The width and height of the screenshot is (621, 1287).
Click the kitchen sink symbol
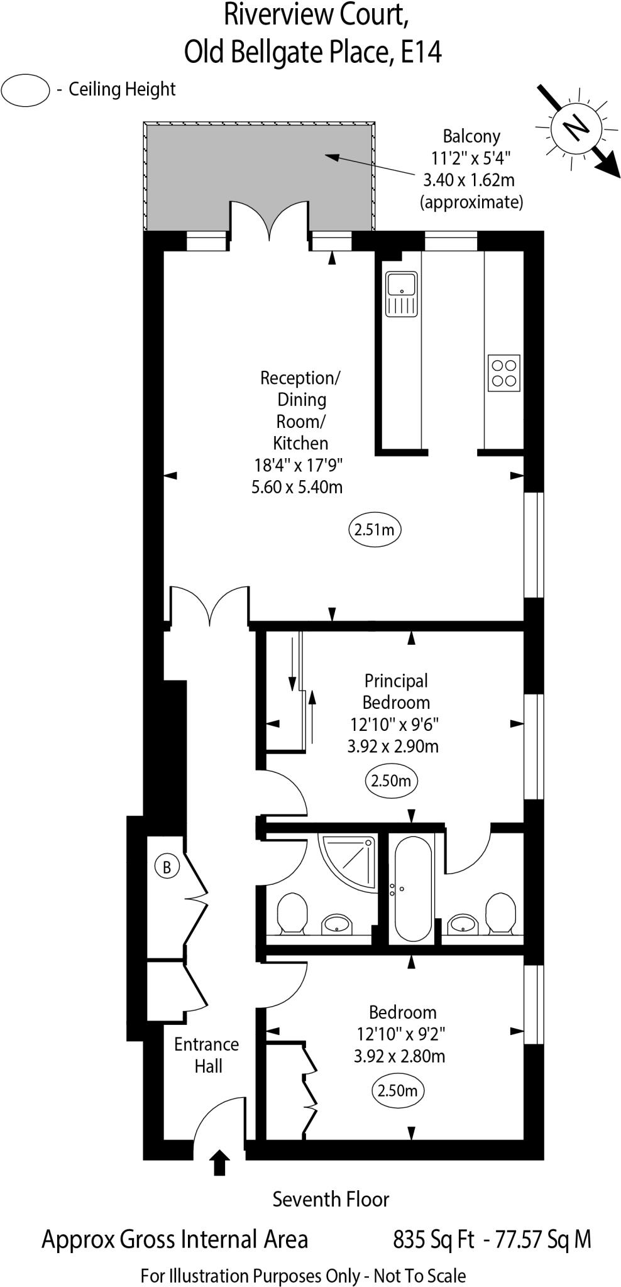click(x=402, y=293)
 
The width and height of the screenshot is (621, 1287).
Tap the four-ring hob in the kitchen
click(x=504, y=372)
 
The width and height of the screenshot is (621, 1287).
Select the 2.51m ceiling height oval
click(x=375, y=529)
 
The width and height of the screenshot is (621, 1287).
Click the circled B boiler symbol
click(x=167, y=867)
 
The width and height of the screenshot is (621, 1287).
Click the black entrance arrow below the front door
click(x=219, y=1162)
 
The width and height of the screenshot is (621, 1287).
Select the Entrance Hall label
click(x=207, y=1055)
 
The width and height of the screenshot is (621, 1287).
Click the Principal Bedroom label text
click(x=396, y=691)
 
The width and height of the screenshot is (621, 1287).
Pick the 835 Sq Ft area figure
click(x=433, y=1239)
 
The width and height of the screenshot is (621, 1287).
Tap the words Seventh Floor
click(x=331, y=1200)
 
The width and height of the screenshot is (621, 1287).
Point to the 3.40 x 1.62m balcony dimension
click(x=469, y=180)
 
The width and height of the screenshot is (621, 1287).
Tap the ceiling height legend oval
click(x=25, y=90)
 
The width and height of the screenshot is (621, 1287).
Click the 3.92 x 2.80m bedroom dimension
click(x=400, y=1055)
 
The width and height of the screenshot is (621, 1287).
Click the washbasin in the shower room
click(x=338, y=924)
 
